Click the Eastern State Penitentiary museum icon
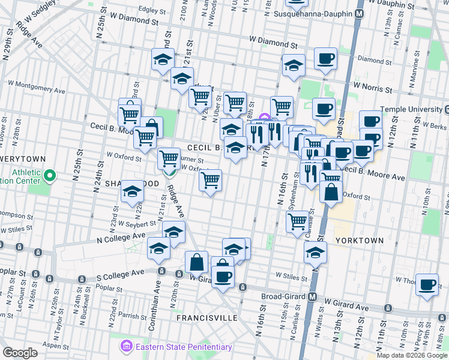pos(126,346)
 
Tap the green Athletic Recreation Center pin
pos(50,176)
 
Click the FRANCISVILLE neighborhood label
pos(208,318)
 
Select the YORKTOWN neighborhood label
pos(358,240)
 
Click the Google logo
pos(20,353)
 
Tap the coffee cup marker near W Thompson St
pos(427,284)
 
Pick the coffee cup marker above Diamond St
pos(325,59)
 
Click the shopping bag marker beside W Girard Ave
pos(196,262)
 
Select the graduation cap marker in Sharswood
pos(131,193)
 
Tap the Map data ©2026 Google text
pos(411,355)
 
